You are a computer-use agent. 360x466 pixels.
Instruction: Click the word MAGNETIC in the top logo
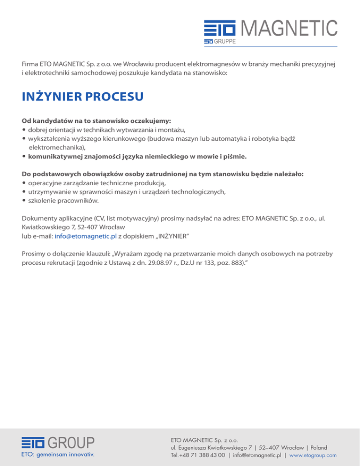pos(289,29)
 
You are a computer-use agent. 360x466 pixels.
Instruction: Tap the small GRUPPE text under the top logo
pos(225,42)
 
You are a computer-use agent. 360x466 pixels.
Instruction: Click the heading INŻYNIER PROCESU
pos(82,97)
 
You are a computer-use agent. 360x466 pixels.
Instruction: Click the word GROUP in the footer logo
pos(71,443)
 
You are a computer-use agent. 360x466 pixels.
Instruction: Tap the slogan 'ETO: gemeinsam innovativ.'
pos(57,454)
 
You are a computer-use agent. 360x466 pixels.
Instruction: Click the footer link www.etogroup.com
pos(314,455)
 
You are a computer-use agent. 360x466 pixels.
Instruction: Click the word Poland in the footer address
pos(317,448)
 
